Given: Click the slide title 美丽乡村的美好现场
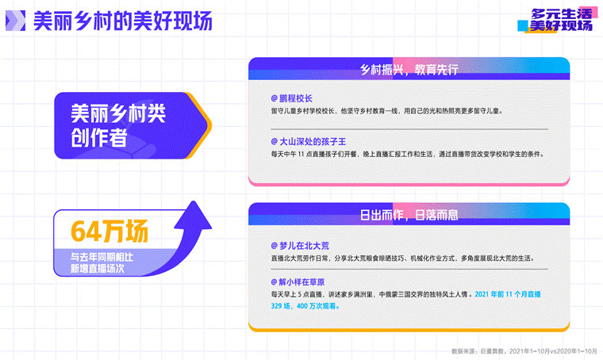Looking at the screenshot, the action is [123, 21].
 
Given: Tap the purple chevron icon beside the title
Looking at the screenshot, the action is [15, 21].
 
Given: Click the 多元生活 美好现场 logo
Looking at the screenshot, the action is [558, 20].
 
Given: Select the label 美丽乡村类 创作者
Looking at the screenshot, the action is [118, 125].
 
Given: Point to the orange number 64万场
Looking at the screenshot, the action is [109, 232].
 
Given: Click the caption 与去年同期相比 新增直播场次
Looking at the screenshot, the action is [102, 262].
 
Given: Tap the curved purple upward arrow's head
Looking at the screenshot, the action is [194, 215].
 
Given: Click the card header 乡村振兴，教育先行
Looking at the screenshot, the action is [409, 70].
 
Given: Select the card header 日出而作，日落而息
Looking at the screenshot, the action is [409, 215].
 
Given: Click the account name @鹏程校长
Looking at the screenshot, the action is [291, 98].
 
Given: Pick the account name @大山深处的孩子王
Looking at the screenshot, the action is [309, 142].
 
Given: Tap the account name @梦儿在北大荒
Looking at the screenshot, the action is [300, 246].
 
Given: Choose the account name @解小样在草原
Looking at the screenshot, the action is [298, 282].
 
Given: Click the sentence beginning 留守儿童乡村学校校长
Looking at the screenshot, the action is [387, 111].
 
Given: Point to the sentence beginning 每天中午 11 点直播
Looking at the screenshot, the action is [408, 154].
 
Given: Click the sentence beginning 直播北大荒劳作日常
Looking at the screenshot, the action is [403, 259].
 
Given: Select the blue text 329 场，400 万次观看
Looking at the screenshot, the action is [305, 306].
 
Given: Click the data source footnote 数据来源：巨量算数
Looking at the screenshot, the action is [524, 351].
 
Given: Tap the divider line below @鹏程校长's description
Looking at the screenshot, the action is [409, 129].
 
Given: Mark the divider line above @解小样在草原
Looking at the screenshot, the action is [409, 270].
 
